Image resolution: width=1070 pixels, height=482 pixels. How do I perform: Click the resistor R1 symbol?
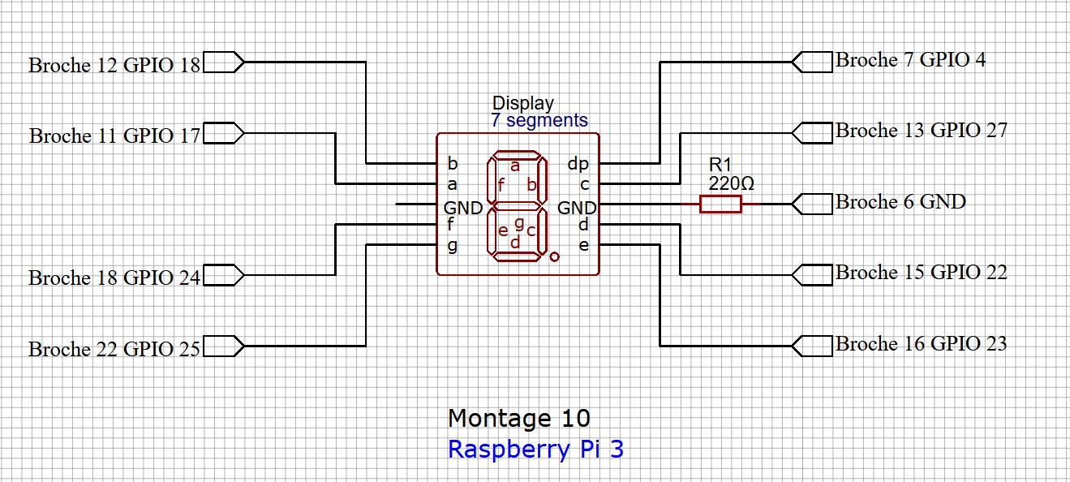(x=720, y=204)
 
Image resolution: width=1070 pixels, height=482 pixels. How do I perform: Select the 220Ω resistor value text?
(x=731, y=184)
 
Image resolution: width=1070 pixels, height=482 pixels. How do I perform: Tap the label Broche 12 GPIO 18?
(x=114, y=65)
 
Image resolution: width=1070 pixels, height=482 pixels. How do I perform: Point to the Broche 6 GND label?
(x=900, y=202)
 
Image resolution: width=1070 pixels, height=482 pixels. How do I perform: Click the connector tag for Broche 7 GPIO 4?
(x=812, y=62)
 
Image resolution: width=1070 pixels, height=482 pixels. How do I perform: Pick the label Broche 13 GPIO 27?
(x=921, y=131)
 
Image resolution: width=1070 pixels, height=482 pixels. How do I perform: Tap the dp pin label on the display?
(x=578, y=164)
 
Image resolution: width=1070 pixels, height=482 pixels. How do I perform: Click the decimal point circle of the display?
(x=554, y=257)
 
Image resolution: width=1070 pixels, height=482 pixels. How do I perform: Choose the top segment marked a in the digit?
(x=514, y=156)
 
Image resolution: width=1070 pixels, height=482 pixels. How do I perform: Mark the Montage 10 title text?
(x=519, y=419)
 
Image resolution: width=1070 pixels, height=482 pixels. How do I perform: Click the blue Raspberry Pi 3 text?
(x=535, y=450)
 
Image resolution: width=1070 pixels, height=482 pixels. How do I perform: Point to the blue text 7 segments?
(x=539, y=121)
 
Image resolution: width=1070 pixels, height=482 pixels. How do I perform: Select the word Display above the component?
(x=523, y=103)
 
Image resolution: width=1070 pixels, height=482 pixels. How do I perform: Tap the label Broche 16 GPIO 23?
(x=921, y=344)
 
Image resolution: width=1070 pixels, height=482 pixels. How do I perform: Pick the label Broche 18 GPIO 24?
(x=114, y=278)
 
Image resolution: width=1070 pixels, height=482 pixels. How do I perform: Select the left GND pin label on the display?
(x=463, y=207)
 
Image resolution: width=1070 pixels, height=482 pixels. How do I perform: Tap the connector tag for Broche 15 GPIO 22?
(x=812, y=275)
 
